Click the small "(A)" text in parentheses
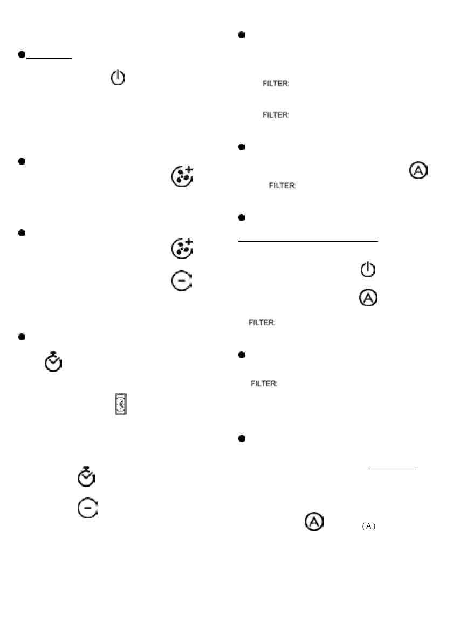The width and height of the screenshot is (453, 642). click(368, 527)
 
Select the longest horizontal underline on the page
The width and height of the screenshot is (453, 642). click(308, 242)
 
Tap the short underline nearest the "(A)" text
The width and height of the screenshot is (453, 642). click(393, 469)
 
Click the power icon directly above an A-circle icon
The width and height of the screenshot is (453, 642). click(367, 270)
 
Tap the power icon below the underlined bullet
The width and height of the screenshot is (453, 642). click(118, 79)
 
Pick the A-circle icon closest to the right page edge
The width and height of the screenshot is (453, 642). click(418, 171)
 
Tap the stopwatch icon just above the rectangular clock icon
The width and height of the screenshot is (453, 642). click(53, 362)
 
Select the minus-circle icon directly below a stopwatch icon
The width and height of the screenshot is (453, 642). click(87, 508)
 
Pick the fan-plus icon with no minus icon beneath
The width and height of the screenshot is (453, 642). click(182, 177)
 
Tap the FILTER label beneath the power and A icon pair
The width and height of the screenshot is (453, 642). click(262, 323)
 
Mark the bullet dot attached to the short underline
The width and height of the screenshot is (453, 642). click(22, 54)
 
